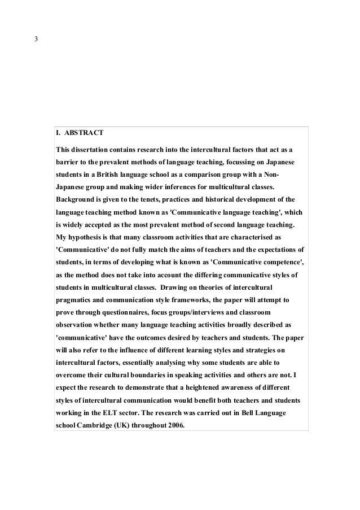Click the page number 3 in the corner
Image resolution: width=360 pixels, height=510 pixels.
(37, 40)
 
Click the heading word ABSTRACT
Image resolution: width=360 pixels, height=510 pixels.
(84, 134)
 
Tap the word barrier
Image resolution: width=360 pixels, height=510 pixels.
(67, 163)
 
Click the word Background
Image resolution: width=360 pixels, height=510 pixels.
(77, 200)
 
